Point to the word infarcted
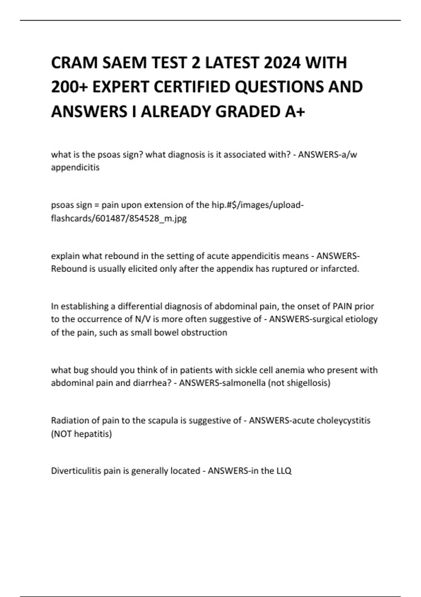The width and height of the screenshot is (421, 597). tap(340, 269)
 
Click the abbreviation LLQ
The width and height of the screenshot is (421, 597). tap(284, 471)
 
